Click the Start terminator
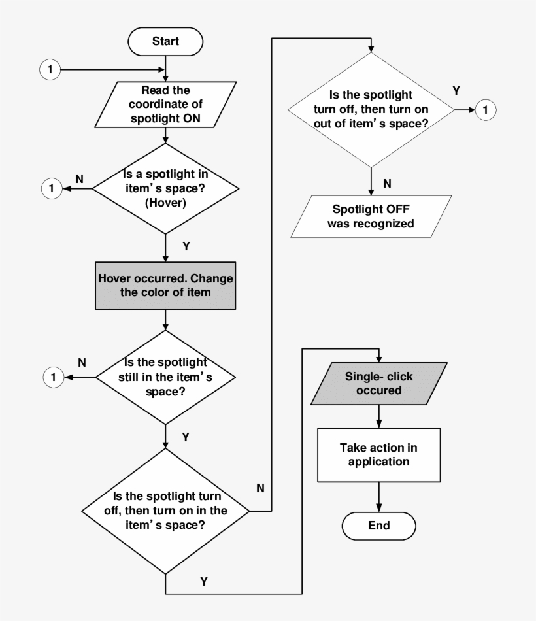pos(165,41)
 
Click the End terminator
pos(379,525)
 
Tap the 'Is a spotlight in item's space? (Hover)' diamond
pos(165,188)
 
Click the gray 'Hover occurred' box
pos(165,285)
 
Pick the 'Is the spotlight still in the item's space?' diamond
pos(165,377)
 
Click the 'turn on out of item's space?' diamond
pos(371,109)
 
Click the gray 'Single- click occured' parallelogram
pos(379,384)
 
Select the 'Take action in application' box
pos(379,454)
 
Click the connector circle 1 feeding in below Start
pos(50,69)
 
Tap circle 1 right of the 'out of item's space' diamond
pos(485,110)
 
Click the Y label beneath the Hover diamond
pos(186,246)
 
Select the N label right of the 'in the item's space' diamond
pos(260,488)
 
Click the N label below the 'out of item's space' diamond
pos(387,184)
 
